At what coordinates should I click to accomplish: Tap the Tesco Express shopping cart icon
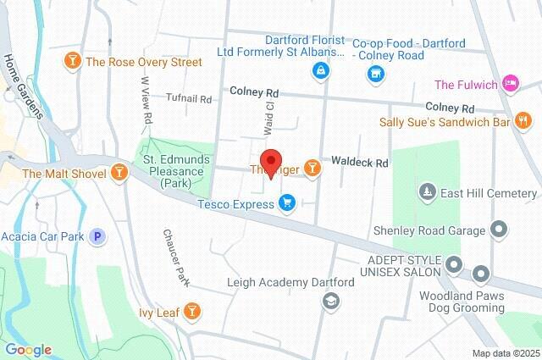click(x=287, y=202)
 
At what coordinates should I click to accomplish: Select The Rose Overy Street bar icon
click(x=73, y=62)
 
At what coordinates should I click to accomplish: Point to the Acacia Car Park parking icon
click(x=98, y=236)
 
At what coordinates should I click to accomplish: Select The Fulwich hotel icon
click(x=510, y=84)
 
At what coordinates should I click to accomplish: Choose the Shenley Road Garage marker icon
click(x=499, y=230)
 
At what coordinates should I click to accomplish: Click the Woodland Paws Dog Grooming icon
click(x=481, y=273)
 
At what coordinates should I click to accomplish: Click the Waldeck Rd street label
click(x=359, y=161)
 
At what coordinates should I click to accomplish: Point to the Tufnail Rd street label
click(x=188, y=98)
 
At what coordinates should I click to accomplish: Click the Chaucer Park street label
click(x=174, y=256)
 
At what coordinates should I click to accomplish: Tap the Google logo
click(x=28, y=349)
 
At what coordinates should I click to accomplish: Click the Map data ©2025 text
click(x=505, y=352)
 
